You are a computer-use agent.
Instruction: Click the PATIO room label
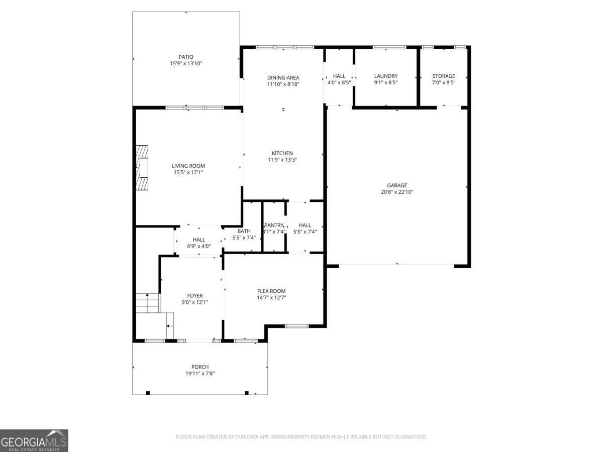[x=185, y=57]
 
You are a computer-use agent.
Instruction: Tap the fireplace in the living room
[x=143, y=168]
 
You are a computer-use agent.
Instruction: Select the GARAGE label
[x=396, y=185]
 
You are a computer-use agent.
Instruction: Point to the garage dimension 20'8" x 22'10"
[x=396, y=192]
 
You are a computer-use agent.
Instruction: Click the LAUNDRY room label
[x=385, y=76]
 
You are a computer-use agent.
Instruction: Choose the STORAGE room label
[x=443, y=76]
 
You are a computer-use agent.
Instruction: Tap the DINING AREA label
[x=283, y=78]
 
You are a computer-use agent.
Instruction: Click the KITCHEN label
[x=282, y=153]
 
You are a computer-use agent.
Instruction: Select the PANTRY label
[x=274, y=225]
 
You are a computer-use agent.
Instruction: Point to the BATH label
[x=244, y=231]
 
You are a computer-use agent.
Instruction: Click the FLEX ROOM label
[x=271, y=291]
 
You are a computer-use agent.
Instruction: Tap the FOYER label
[x=194, y=296]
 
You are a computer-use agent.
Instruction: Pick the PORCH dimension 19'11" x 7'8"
[x=199, y=373]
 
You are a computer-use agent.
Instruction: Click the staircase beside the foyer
[x=148, y=304]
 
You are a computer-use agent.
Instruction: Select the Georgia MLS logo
[x=34, y=440]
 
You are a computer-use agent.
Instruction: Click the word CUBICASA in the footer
[x=249, y=437]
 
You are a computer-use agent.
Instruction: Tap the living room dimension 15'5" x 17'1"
[x=188, y=172]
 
